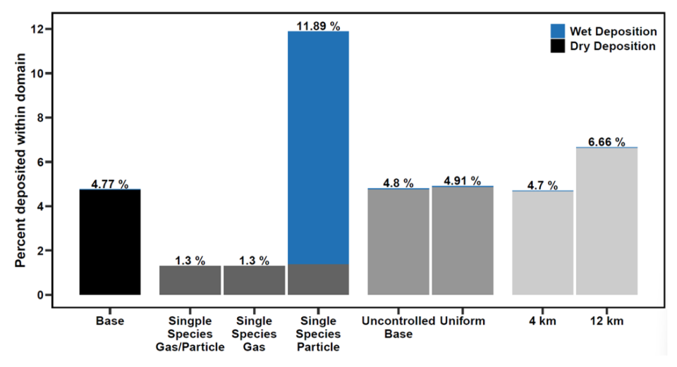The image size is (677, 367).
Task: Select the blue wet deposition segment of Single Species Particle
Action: (x=318, y=148)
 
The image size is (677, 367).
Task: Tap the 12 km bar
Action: (x=607, y=221)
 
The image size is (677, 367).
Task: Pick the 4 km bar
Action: (x=543, y=242)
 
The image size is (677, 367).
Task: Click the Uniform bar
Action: (x=463, y=240)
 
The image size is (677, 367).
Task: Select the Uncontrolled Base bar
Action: (x=398, y=242)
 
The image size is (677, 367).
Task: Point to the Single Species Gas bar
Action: (x=254, y=280)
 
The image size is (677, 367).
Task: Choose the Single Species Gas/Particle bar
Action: (x=190, y=280)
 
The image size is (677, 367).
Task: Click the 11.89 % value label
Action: (x=318, y=27)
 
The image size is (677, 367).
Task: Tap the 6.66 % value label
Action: (x=607, y=142)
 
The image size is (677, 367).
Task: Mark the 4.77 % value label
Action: (x=110, y=185)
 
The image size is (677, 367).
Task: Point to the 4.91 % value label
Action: (x=463, y=181)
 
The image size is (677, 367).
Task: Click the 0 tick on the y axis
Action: (x=42, y=294)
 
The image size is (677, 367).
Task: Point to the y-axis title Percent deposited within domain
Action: (x=20, y=161)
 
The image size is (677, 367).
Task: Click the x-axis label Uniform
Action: (x=463, y=322)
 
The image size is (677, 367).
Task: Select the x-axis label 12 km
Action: (x=607, y=322)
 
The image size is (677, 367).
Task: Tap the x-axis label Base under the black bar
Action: (x=110, y=322)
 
